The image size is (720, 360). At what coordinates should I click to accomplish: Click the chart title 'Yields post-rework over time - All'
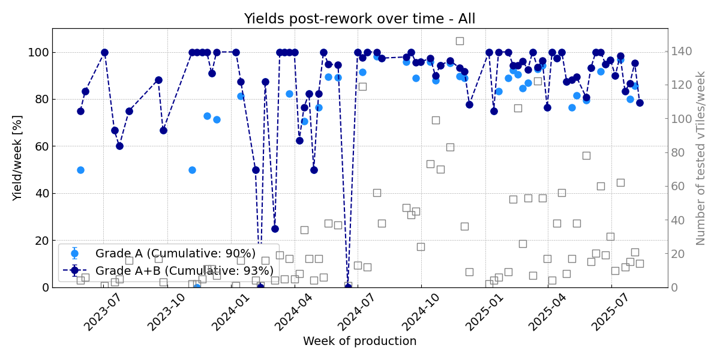[359, 19]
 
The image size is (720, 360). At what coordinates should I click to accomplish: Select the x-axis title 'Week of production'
[359, 341]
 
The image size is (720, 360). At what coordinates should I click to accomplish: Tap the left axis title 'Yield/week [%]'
[17, 158]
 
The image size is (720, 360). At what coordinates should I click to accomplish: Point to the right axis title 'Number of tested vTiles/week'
[701, 158]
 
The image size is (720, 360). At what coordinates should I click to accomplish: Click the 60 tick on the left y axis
[41, 146]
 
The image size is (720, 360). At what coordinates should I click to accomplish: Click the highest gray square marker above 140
[460, 41]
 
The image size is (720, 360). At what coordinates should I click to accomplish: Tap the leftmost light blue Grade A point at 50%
[80, 170]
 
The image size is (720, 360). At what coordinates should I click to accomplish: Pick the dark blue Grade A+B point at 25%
[275, 229]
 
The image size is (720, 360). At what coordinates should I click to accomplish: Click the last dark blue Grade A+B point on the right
[640, 103]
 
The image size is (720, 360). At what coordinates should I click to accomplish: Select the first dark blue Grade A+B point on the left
[80, 111]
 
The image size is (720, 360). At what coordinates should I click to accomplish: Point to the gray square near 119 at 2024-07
[362, 86]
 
